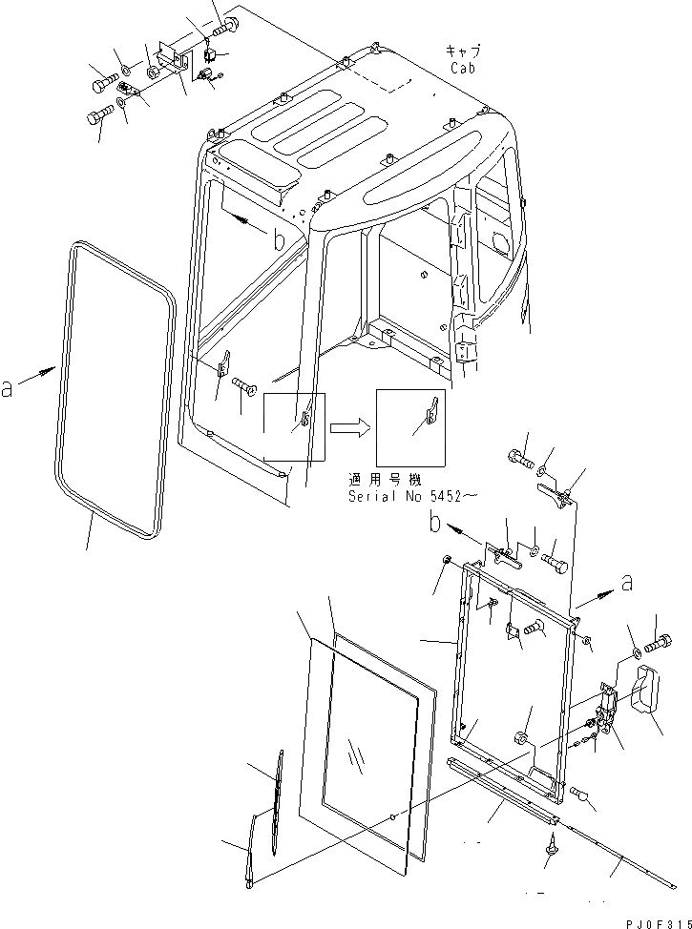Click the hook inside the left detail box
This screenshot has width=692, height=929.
[x=307, y=415]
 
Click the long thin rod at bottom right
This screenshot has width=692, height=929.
[x=611, y=852]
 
